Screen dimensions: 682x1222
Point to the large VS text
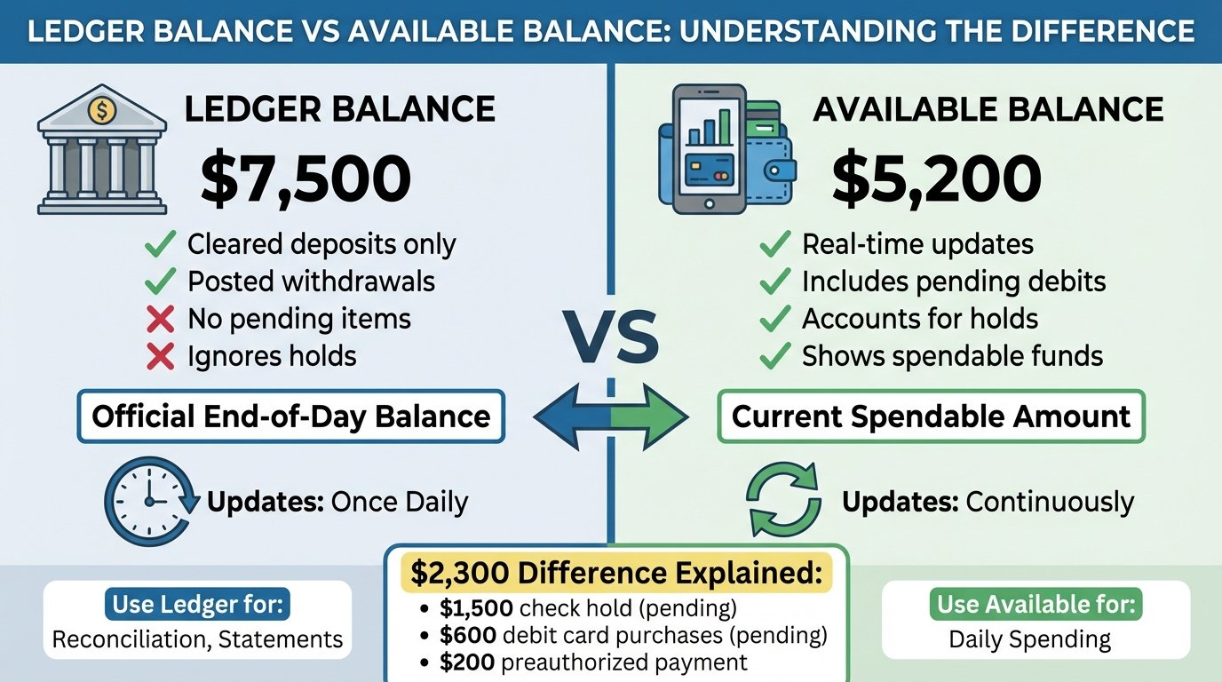coord(611,338)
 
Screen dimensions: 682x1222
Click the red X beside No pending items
coord(159,318)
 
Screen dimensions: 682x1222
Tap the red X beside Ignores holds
coord(159,357)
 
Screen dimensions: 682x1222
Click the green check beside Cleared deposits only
coord(159,244)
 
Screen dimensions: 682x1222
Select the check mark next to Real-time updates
coord(775,244)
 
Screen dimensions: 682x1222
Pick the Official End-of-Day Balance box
coord(291,416)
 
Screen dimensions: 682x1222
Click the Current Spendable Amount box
coord(931,416)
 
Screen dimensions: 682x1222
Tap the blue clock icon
coord(148,502)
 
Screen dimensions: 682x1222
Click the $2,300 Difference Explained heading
coord(615,574)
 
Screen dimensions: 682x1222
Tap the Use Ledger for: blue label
coord(197,606)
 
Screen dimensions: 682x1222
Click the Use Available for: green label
coord(1035,606)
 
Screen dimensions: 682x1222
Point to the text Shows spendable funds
coord(952,356)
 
